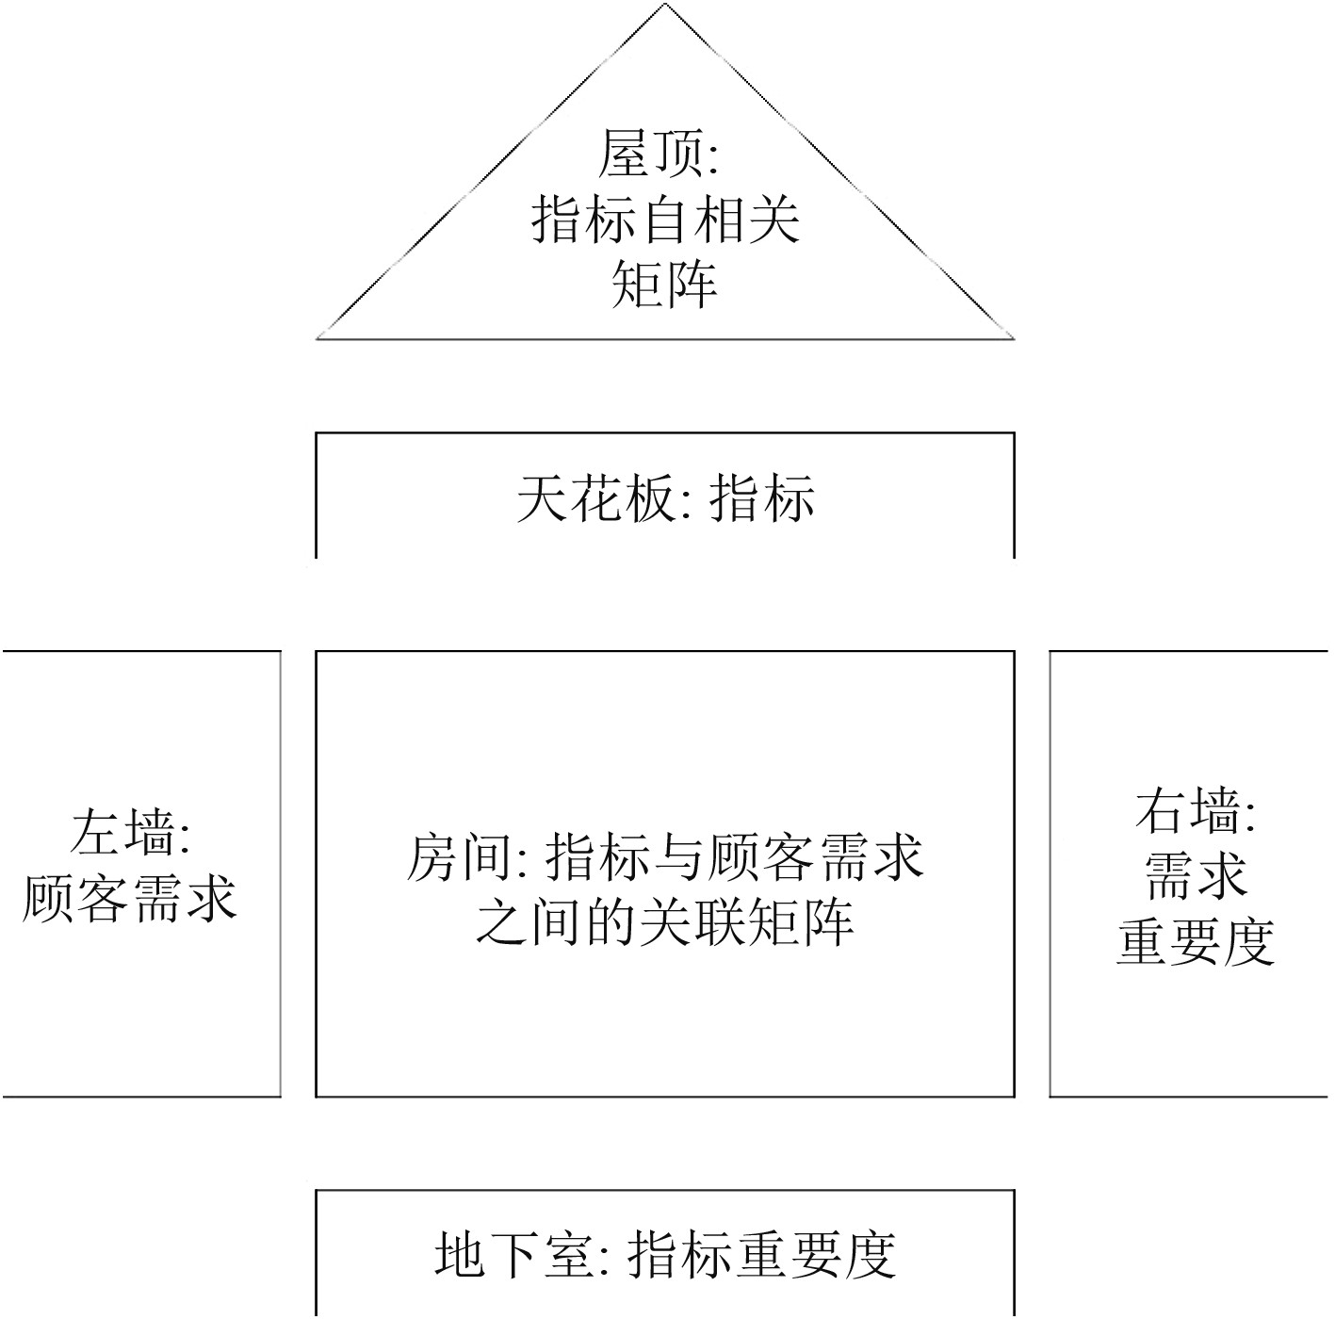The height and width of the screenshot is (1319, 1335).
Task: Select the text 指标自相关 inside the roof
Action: click(x=665, y=220)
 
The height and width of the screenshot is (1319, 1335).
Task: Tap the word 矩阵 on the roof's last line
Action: click(x=665, y=284)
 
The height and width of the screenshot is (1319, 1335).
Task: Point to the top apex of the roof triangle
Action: click(x=665, y=5)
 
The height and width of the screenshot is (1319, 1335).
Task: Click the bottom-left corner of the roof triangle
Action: click(x=317, y=337)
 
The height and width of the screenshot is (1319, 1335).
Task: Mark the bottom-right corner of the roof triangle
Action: click(x=1013, y=337)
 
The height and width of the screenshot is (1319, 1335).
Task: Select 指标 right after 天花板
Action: click(x=762, y=498)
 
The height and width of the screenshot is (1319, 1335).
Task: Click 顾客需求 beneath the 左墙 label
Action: click(x=129, y=897)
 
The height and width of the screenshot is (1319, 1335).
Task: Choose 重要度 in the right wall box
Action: click(x=1196, y=940)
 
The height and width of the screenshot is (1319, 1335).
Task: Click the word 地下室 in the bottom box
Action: click(x=513, y=1254)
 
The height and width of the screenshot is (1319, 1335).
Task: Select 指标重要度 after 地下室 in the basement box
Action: click(x=760, y=1254)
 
